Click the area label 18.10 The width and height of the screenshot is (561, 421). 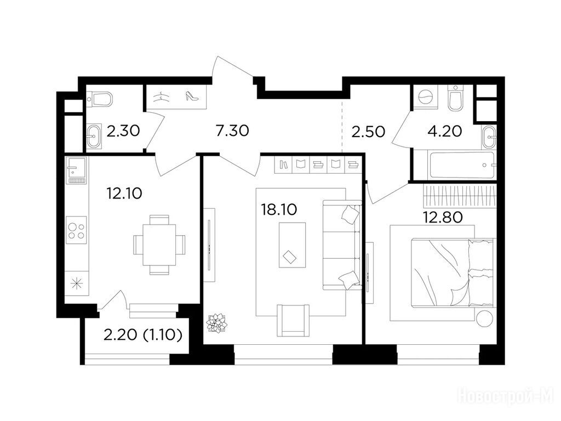279,210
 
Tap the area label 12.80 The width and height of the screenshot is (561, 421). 443,217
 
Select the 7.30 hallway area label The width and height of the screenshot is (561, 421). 232,130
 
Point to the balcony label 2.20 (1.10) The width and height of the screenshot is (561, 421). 143,335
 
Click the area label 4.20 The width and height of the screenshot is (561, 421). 445,132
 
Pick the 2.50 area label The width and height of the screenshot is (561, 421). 368,132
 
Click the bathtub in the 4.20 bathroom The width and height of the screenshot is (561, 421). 462,165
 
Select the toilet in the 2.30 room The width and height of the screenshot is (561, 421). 100,99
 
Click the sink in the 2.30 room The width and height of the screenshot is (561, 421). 94,136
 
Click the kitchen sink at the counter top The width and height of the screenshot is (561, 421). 76,171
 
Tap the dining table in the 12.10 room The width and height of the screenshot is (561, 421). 159,244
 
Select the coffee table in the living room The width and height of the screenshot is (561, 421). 293,245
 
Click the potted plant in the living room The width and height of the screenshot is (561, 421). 216,323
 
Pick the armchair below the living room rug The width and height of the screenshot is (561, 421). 293,320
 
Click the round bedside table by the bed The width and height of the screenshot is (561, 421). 484,317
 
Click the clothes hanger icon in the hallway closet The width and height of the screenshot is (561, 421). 161,96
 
